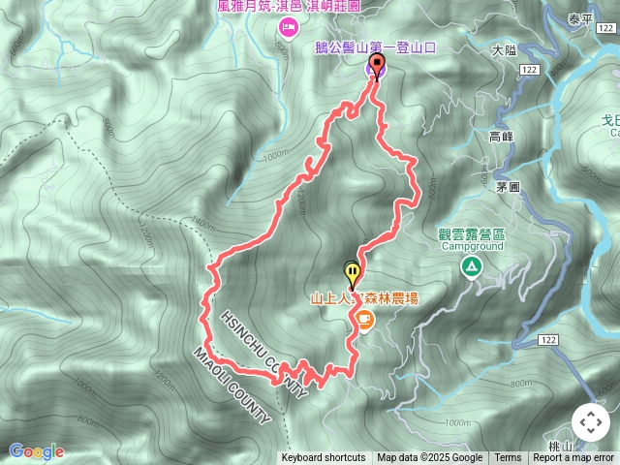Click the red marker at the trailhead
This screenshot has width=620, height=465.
tap(376, 64)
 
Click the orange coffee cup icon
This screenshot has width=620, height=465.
tap(364, 319)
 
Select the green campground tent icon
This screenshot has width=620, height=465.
tap(471, 265)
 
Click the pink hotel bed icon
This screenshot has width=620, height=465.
tap(288, 29)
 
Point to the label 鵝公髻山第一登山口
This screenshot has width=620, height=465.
tap(377, 46)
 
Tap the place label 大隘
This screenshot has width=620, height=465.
tap(505, 49)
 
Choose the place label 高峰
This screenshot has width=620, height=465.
tap(501, 138)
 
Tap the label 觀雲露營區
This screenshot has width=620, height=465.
tap(472, 232)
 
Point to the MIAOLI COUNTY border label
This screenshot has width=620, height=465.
tap(232, 385)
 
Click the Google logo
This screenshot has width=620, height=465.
tap(36, 451)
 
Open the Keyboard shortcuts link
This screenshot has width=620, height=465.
tap(323, 458)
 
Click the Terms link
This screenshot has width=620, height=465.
tap(508, 458)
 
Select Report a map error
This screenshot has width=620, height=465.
tap(573, 458)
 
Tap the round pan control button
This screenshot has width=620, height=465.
tap(591, 422)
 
